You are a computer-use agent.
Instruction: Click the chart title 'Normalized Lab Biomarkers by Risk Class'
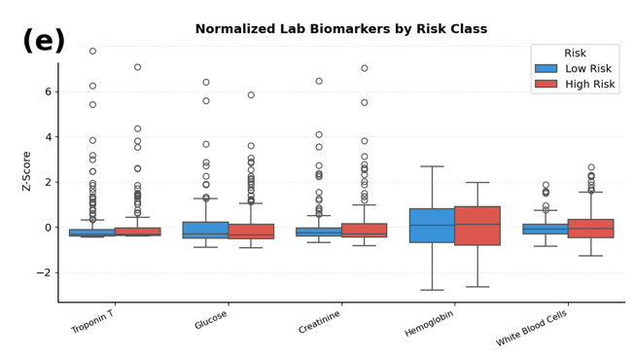coord(341,29)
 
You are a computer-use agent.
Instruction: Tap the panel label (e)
coord(44,41)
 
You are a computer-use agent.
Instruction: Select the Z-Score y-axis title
coord(26,171)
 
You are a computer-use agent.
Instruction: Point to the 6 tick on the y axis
coord(49,91)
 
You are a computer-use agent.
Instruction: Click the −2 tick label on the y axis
coord(44,272)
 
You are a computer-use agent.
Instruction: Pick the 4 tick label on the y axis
coord(49,137)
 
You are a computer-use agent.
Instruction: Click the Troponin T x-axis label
coord(92,322)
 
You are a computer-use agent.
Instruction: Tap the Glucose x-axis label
coord(211,320)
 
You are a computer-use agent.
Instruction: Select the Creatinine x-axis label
coord(319,322)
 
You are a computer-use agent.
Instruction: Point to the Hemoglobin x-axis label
coord(429,323)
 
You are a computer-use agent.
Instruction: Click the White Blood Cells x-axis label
coord(531,329)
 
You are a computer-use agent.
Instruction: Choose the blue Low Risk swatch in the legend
coord(546,69)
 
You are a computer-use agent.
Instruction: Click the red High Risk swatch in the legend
coord(546,84)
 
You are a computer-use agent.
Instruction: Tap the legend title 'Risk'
coord(575,53)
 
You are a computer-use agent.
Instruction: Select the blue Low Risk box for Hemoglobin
coord(433,226)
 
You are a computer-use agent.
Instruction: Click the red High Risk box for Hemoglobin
coord(477,226)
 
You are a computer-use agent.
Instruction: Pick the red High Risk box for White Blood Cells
coord(591,229)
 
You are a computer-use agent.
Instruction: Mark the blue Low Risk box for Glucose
coord(206,230)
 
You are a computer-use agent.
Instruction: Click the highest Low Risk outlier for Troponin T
coord(92,51)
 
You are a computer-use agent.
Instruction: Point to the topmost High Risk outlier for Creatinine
coord(365,68)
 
